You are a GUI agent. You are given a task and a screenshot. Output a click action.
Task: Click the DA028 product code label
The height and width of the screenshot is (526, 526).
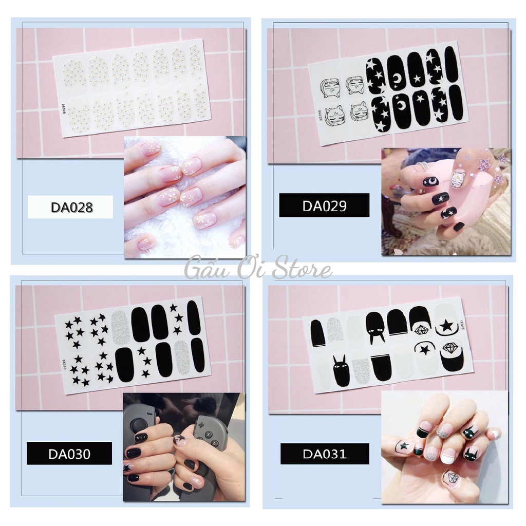(x=70, y=207)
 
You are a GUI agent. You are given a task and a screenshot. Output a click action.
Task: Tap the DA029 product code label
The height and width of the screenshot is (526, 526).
(x=324, y=205)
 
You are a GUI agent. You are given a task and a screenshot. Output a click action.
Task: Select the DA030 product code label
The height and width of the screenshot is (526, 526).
(x=69, y=454)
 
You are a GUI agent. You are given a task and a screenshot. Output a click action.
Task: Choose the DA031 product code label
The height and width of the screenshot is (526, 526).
(x=324, y=454)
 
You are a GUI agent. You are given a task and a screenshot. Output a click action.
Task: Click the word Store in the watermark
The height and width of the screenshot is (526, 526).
(x=302, y=270)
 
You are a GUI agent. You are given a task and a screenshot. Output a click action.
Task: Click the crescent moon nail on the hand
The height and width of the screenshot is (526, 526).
(x=430, y=181)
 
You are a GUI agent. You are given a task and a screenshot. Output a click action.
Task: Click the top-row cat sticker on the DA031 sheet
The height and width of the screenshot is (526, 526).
(x=375, y=327)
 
